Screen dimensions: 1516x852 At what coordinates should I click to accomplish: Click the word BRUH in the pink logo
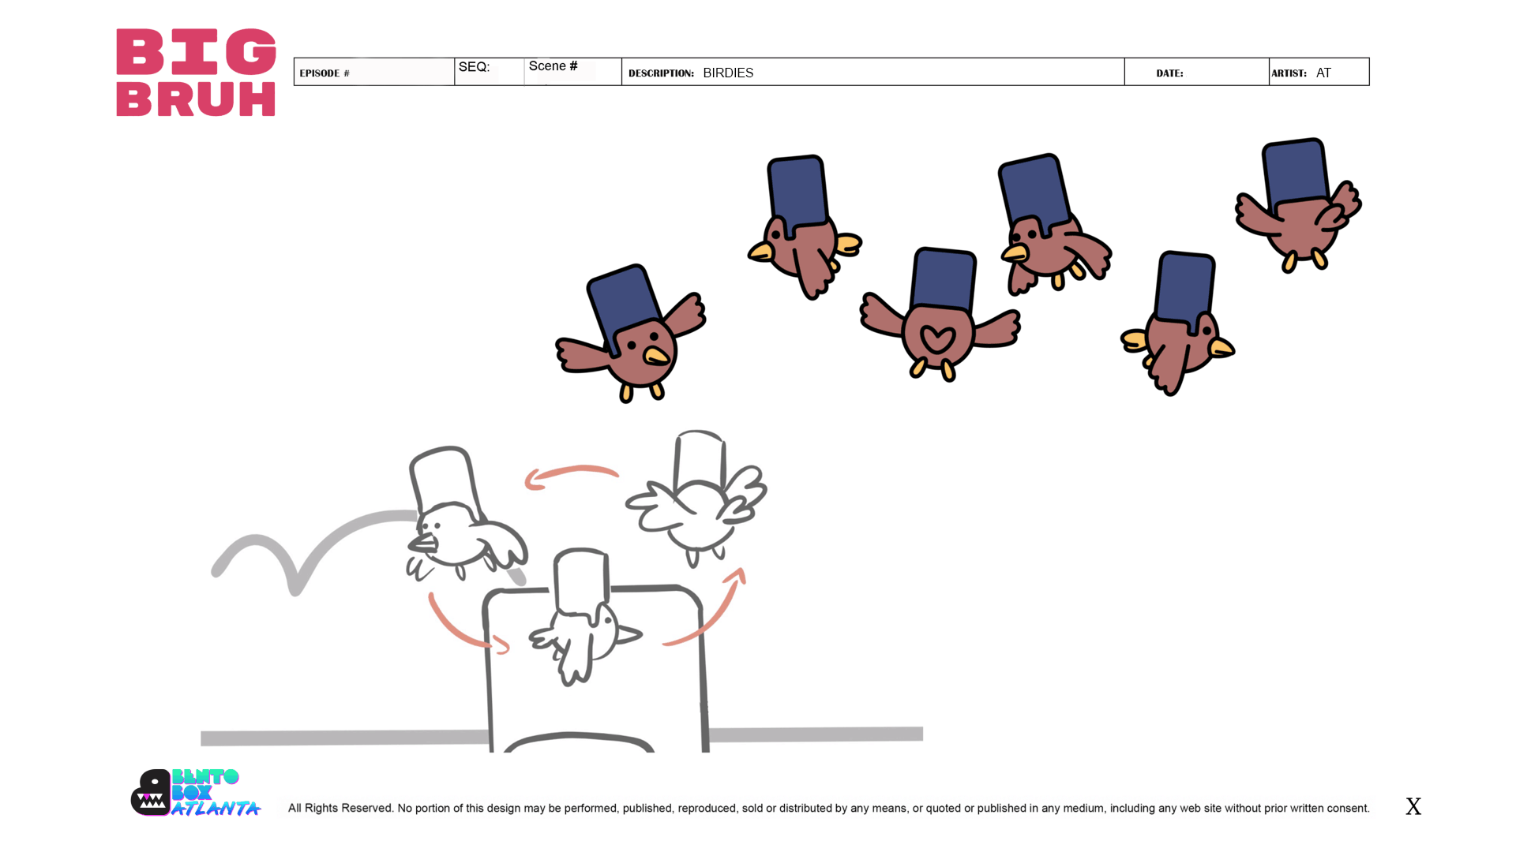click(x=196, y=99)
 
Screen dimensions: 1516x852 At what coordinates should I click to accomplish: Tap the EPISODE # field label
click(x=325, y=73)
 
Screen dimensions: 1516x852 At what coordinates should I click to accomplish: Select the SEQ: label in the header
click(x=474, y=67)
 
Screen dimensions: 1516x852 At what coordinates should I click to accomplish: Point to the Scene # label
click(x=553, y=66)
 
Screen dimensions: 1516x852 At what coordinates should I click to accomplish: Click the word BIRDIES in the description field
click(x=728, y=73)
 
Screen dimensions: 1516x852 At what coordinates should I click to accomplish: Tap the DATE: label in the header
click(x=1169, y=73)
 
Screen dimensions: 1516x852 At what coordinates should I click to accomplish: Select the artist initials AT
click(x=1323, y=73)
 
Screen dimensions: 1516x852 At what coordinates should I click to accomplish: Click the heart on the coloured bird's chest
click(x=937, y=339)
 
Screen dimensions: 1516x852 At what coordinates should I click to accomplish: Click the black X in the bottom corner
click(x=1413, y=806)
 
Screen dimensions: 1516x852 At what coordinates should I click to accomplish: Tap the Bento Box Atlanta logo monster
click(x=151, y=793)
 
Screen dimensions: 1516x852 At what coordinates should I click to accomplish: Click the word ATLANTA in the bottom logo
click(x=216, y=809)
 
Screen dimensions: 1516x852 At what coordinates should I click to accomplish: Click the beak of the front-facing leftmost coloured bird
click(x=656, y=357)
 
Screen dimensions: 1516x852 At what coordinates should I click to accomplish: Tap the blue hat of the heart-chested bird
click(x=944, y=280)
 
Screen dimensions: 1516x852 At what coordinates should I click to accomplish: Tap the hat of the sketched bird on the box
click(x=581, y=580)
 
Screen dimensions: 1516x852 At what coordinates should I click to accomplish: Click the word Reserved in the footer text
click(x=366, y=808)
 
